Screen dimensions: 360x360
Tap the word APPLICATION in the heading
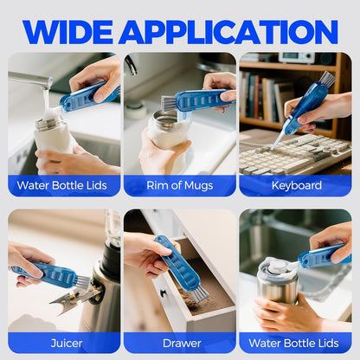point(228,32)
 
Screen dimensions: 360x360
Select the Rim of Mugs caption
point(180,186)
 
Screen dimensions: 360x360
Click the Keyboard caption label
point(297,185)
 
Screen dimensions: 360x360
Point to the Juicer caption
point(67,344)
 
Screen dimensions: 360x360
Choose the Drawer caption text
point(182,344)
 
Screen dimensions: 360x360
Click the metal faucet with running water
point(29,80)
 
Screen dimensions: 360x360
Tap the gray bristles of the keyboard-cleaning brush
point(328,80)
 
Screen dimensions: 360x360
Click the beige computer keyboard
point(296,154)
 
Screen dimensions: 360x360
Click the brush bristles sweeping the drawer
point(200,294)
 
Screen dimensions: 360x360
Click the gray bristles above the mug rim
point(169,103)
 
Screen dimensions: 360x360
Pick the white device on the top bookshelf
point(297,57)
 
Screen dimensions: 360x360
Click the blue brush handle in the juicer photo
point(45,273)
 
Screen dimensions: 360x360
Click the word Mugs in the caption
point(198,186)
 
